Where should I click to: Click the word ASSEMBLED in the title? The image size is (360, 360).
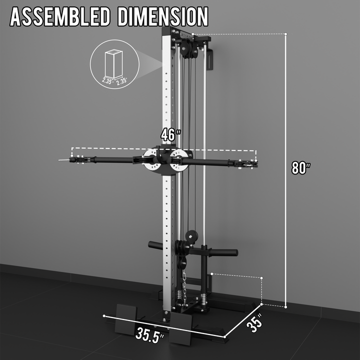point(60,17)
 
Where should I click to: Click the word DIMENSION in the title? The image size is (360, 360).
point(163,17)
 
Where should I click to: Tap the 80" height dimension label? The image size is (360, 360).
point(301,168)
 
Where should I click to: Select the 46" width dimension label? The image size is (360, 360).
point(171,135)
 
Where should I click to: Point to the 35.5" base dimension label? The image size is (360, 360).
point(149,334)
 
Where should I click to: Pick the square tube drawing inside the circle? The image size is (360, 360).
point(113,64)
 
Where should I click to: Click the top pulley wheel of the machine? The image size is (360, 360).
point(185,49)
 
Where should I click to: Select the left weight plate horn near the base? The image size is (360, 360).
point(155,245)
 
